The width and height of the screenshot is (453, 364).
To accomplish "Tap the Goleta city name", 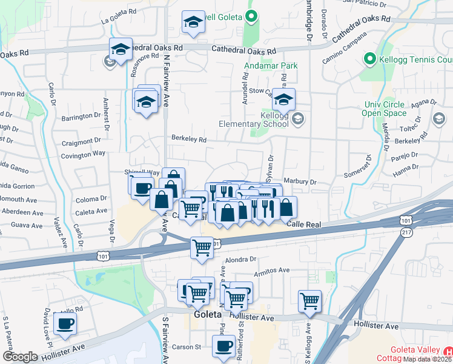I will click(209, 316).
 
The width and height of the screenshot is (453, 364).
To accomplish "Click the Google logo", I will click(20, 357).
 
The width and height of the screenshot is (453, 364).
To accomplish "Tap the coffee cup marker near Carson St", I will click(223, 347).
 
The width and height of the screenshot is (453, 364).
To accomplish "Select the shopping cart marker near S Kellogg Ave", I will click(309, 300).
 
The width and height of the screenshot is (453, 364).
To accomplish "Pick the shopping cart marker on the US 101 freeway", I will click(202, 247).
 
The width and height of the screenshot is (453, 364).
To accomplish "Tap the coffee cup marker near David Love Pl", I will click(65, 324).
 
